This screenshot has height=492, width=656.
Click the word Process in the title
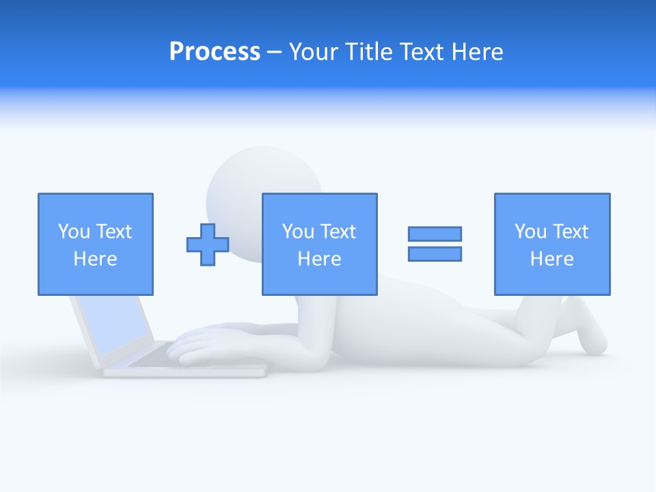coord(215,52)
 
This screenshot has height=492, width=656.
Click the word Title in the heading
coord(368,52)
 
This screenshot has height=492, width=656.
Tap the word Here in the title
coord(476,52)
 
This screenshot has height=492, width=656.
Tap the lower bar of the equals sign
coord(435,254)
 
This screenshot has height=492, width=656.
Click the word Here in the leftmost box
coord(96,259)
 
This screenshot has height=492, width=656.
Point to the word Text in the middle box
coord(339,232)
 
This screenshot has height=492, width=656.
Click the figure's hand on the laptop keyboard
coord(198,345)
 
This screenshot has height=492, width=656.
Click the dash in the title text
coord(275,52)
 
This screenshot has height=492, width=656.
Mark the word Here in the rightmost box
coord(552,259)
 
